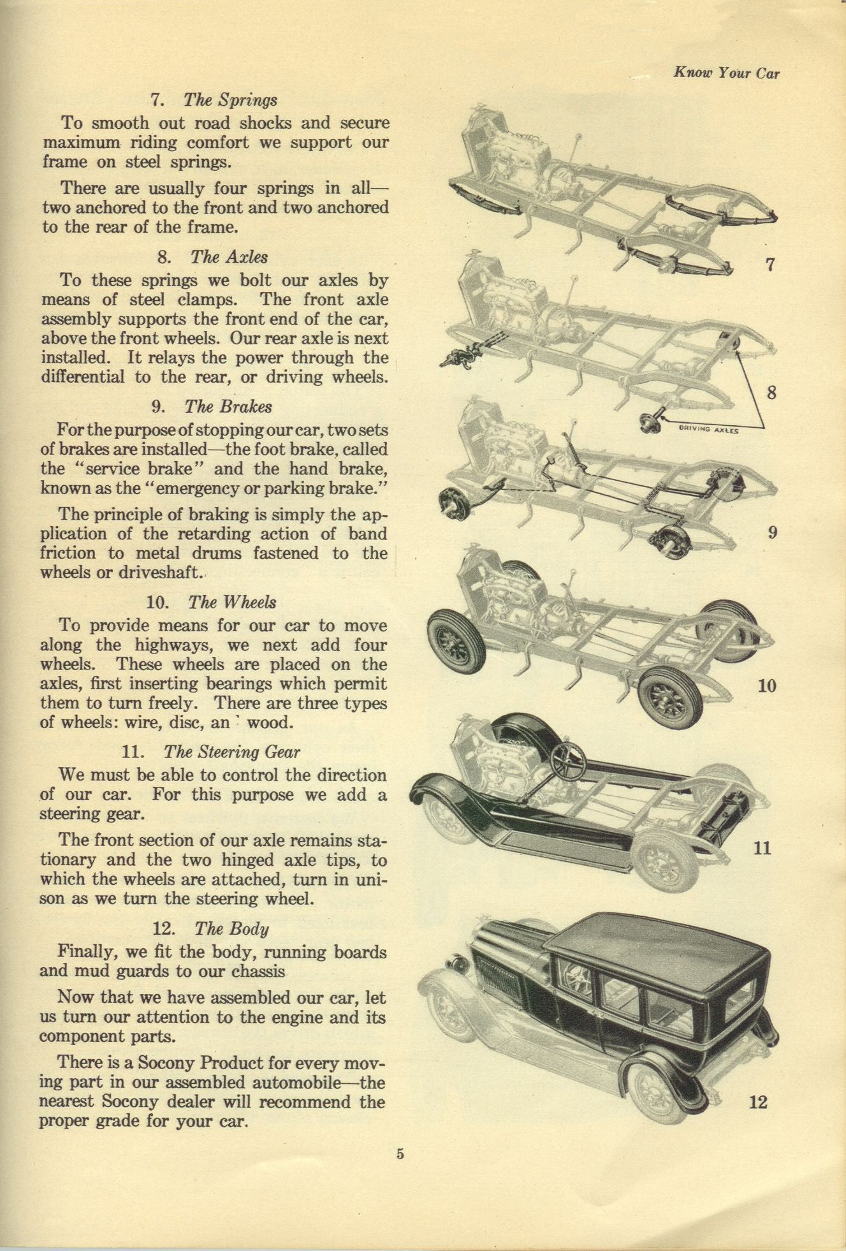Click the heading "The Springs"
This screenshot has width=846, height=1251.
tap(230, 100)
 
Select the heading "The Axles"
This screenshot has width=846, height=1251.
tap(229, 257)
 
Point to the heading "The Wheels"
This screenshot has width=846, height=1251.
tap(232, 603)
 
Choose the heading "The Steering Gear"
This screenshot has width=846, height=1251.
tap(231, 752)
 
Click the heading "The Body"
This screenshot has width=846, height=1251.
tap(231, 928)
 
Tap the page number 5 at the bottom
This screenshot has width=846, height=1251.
tap(400, 1153)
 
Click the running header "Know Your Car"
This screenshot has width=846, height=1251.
tap(726, 73)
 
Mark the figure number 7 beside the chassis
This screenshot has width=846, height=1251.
tap(770, 264)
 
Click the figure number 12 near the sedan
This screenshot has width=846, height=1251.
tap(758, 1102)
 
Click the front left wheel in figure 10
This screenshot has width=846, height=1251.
tap(456, 640)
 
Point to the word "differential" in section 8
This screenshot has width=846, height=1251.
tap(83, 377)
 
